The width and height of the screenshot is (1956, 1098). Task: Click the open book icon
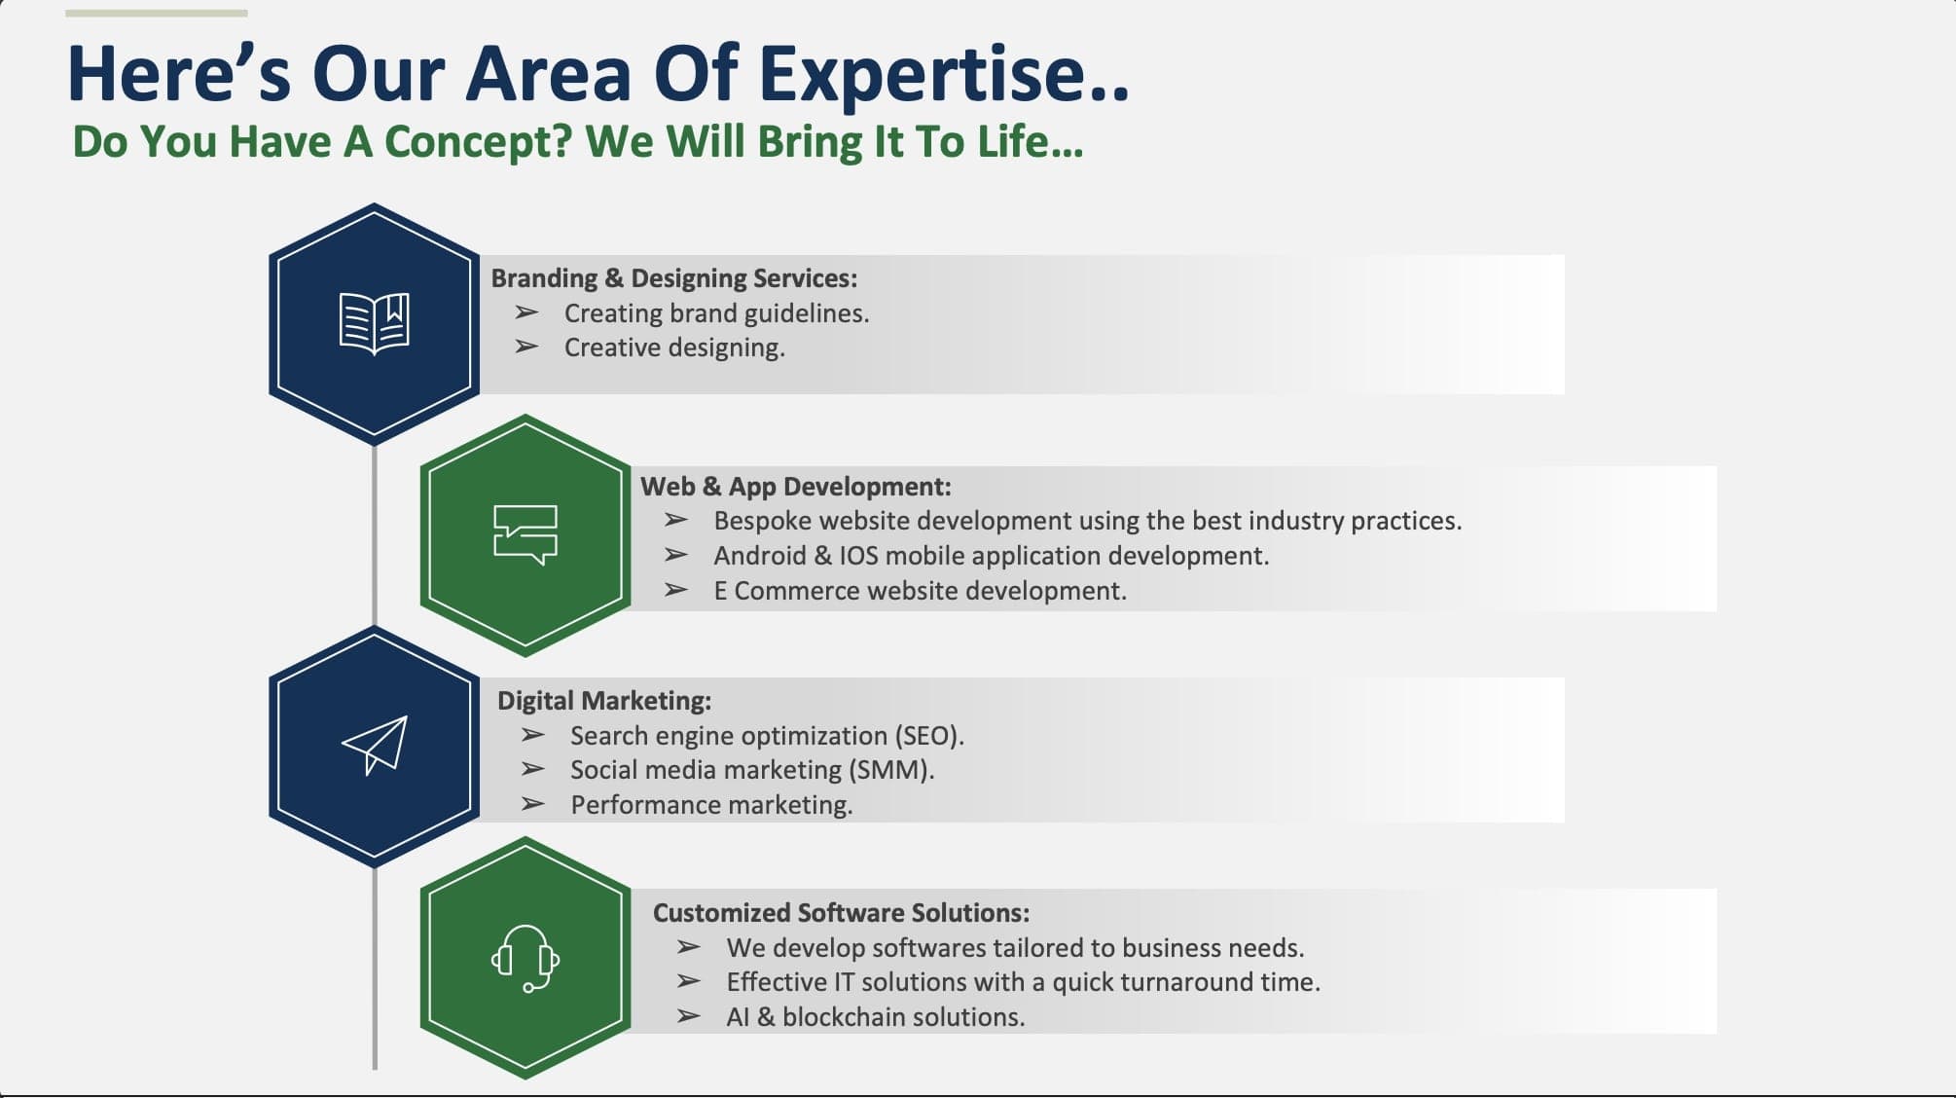point(375,323)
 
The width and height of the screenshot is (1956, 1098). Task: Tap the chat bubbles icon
point(525,534)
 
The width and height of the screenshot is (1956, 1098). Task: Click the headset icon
point(525,958)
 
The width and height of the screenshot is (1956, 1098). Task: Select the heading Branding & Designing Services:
point(674,278)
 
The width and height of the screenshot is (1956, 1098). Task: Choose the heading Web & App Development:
point(796,487)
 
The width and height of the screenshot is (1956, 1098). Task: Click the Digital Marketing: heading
point(604,701)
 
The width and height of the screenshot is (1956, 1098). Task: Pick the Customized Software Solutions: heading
point(841,913)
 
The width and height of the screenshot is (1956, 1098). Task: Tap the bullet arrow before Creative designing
point(526,347)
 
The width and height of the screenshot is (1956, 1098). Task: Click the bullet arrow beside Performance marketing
point(532,804)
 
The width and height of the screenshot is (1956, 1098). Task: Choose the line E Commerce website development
point(921,591)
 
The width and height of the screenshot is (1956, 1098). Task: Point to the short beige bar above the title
point(157,14)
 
